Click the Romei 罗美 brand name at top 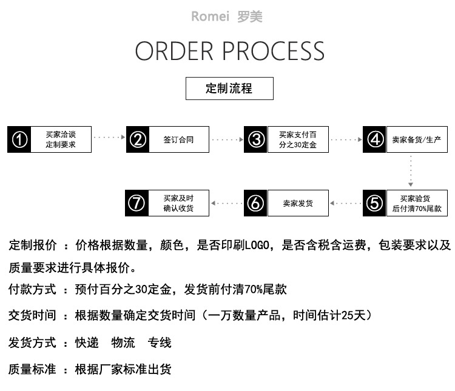pos(227,16)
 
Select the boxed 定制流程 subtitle pos(229,89)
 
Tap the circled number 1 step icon pos(19,139)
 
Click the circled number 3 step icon pos(256,139)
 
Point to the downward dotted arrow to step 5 pos(411,171)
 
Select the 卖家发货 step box pos(298,203)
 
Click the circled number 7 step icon pos(137,203)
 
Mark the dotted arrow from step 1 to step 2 pos(109,139)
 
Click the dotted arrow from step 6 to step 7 pos(226,203)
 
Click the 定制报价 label pos(33,246)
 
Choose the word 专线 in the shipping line pos(160,343)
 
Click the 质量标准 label pos(33,369)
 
